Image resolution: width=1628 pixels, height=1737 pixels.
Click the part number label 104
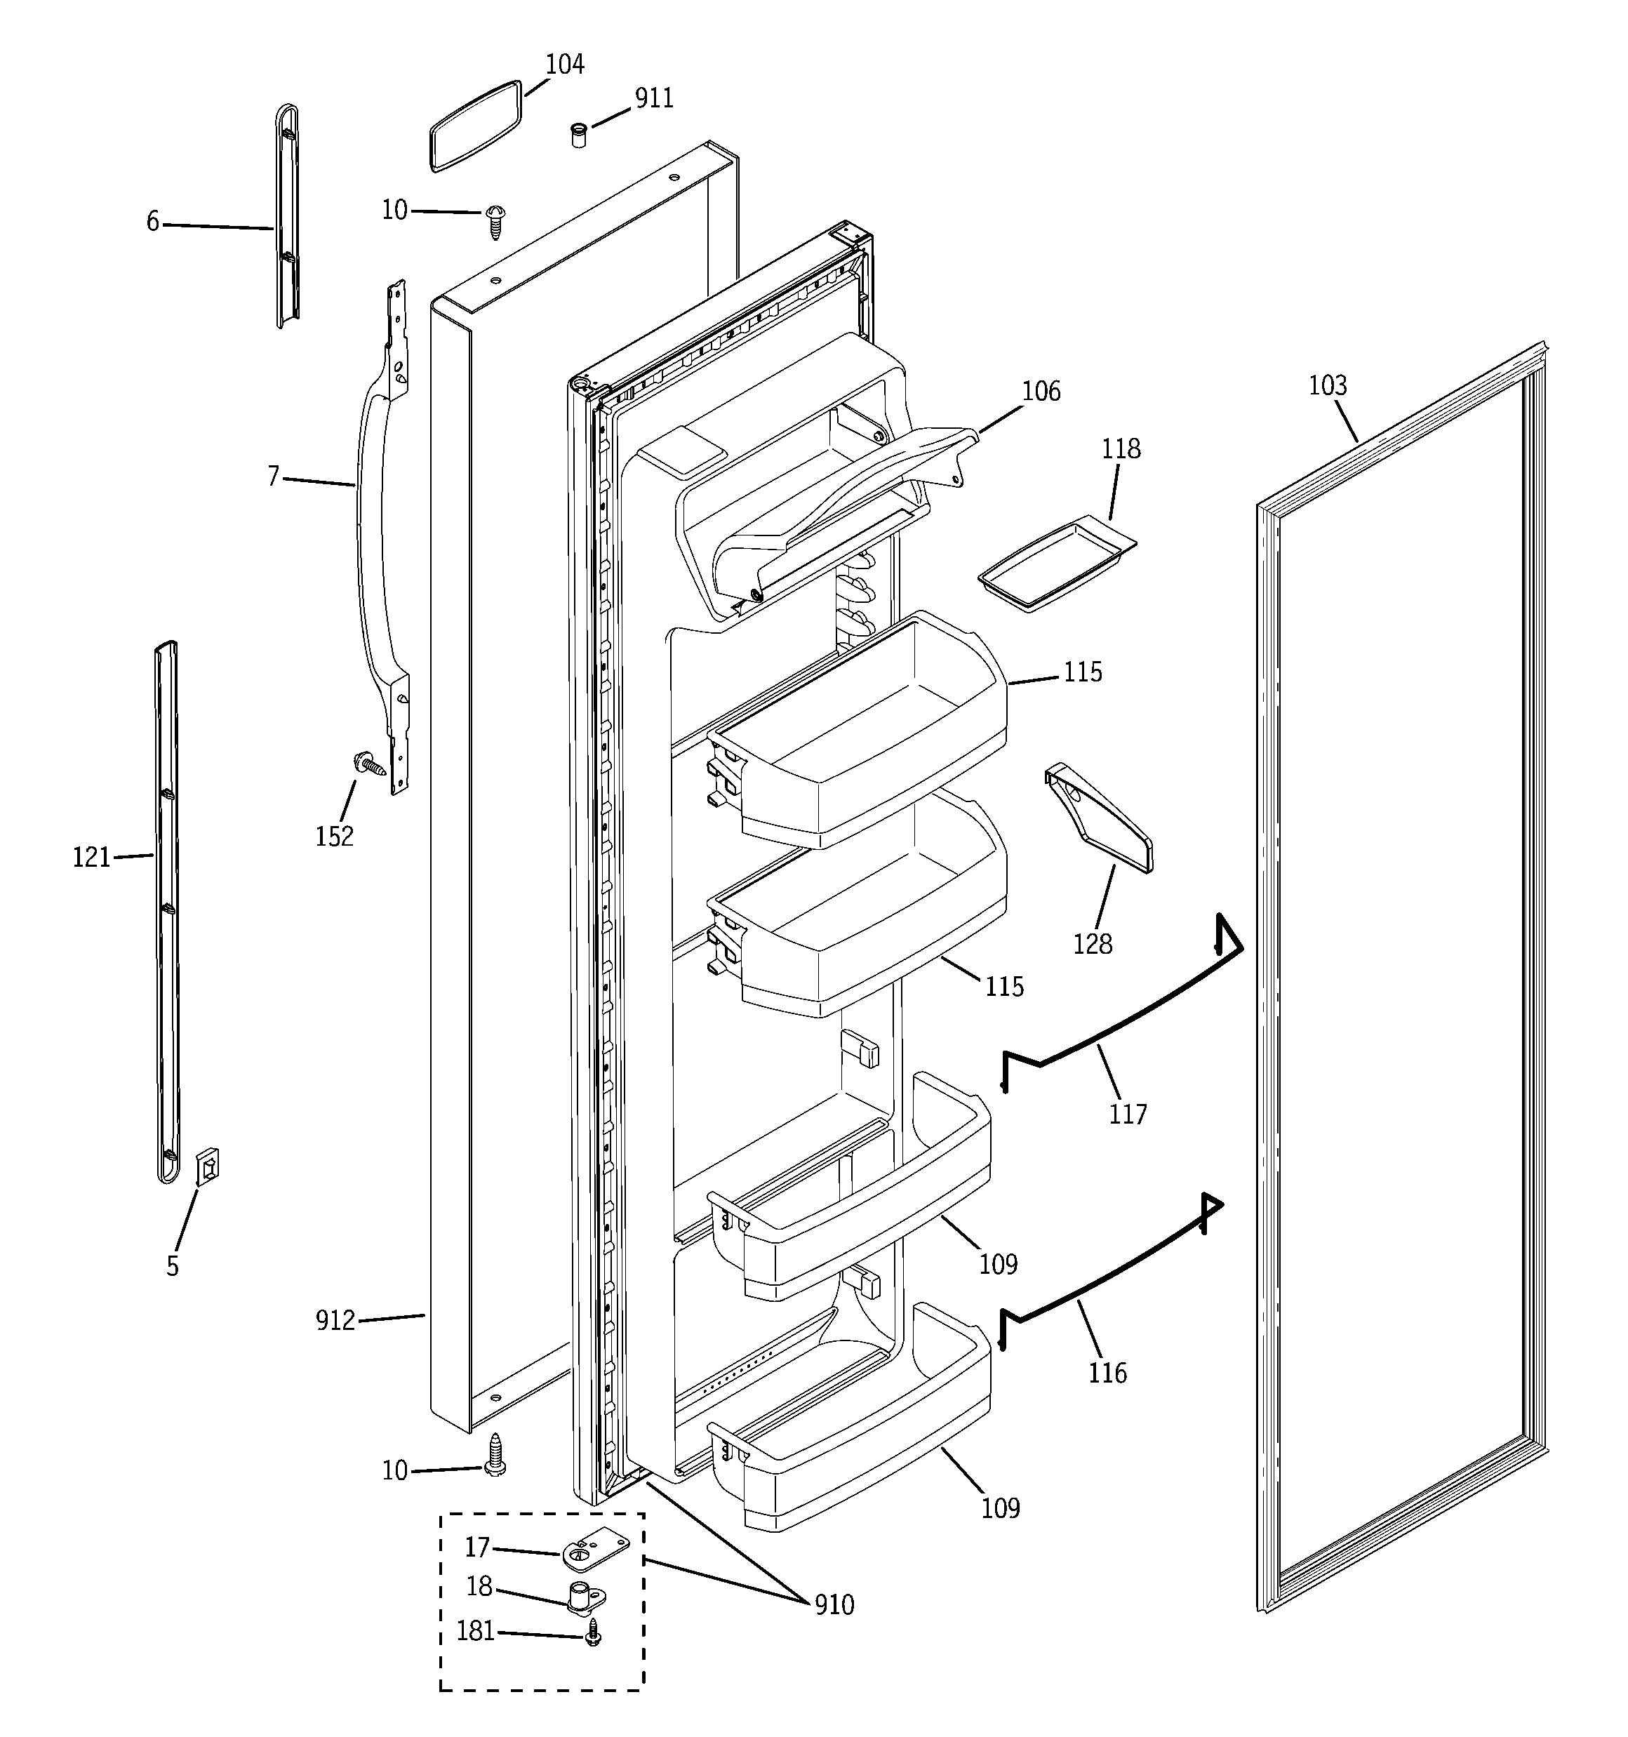tap(564, 65)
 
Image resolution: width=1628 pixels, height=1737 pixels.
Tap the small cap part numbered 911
tap(578, 135)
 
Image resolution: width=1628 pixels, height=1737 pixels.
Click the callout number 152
tap(334, 836)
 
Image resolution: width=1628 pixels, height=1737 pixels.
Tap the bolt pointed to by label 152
tap(369, 764)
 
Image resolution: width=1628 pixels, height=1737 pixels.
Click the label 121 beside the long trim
tap(91, 858)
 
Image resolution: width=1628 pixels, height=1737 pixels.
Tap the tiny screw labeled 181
tap(594, 1632)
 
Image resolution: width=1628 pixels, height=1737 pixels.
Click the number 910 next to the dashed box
tap(834, 1605)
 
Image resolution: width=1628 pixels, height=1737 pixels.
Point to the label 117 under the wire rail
tap(1127, 1114)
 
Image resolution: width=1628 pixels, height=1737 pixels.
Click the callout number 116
tap(1107, 1373)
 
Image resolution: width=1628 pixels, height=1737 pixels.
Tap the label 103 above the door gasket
tap(1328, 385)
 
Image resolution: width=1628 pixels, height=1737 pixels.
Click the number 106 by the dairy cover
tap(1041, 392)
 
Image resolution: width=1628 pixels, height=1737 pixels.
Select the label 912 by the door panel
tap(335, 1320)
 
